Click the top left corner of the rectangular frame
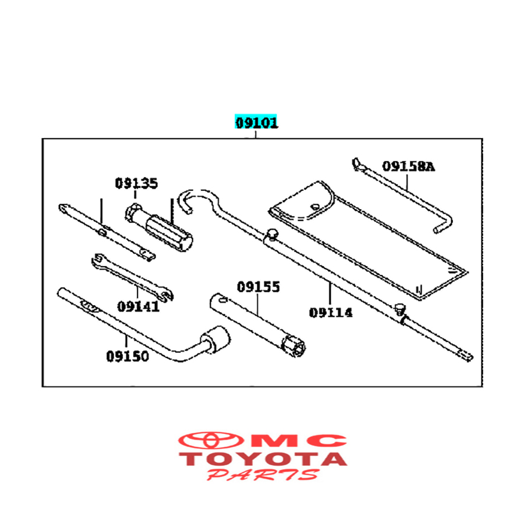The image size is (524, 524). (x=43, y=139)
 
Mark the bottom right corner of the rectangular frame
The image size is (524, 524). (x=482, y=387)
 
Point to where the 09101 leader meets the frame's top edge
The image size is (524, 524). (x=256, y=139)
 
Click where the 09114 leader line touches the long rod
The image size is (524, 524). (x=330, y=282)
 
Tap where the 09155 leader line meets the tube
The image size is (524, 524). (x=258, y=316)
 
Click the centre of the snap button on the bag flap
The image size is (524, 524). (x=315, y=207)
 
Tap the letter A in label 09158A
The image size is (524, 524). (x=430, y=167)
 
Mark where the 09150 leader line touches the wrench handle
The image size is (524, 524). (x=126, y=334)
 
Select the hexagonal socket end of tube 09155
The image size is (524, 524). (x=293, y=346)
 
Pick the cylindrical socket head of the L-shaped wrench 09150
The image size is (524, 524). (x=217, y=339)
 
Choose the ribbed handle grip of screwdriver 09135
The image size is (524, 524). (x=169, y=233)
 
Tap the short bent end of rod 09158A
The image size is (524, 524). (x=444, y=225)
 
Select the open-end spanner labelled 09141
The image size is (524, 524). (x=132, y=277)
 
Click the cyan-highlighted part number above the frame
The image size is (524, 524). (x=256, y=122)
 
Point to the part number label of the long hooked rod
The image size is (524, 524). (x=331, y=313)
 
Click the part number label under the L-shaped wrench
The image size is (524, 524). (x=128, y=356)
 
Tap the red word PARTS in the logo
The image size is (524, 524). (x=263, y=475)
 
